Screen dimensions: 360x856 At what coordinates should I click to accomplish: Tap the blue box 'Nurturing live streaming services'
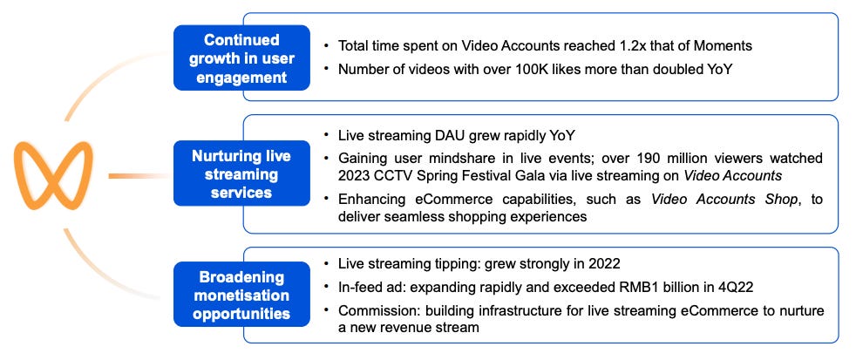pyautogui.click(x=241, y=173)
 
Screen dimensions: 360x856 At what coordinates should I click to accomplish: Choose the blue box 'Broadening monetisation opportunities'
pyautogui.click(x=241, y=294)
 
